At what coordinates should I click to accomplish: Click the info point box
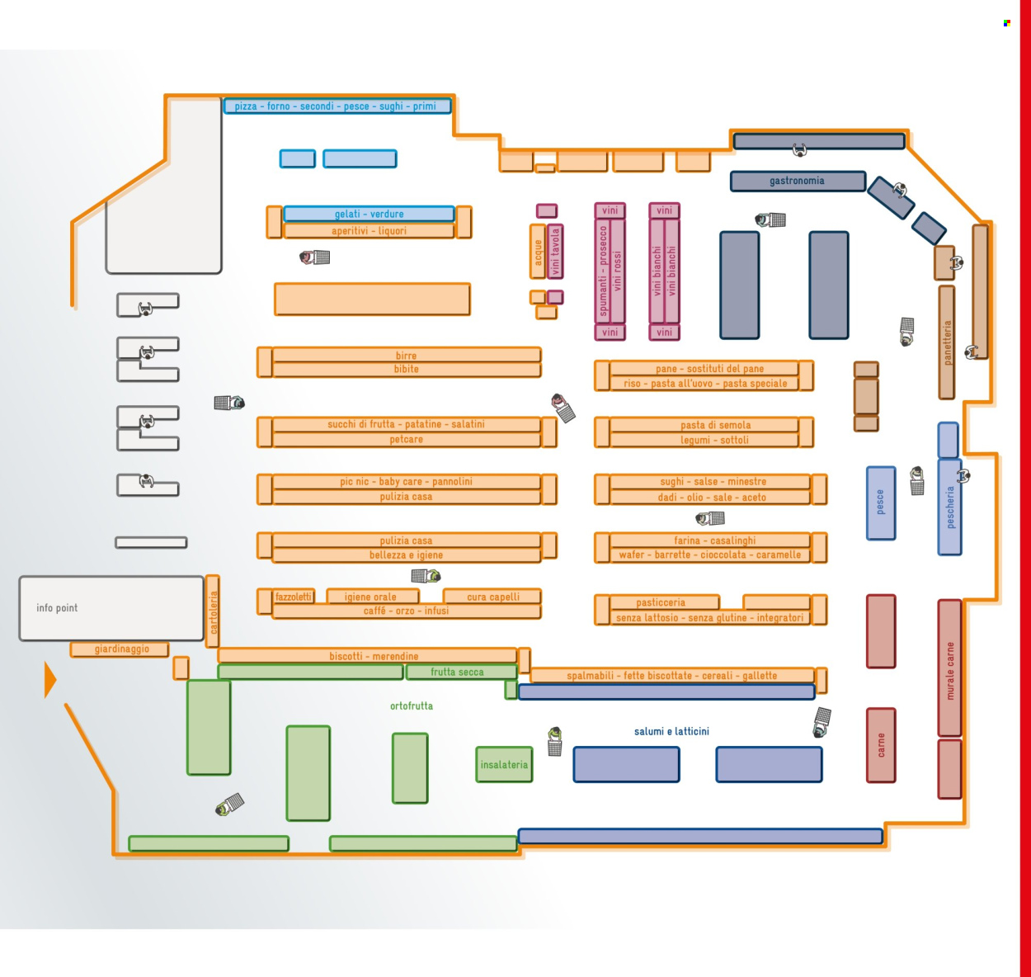click(111, 608)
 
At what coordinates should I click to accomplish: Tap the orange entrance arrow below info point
click(49, 679)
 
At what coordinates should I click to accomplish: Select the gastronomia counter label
click(797, 181)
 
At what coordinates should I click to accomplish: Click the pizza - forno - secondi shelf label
click(336, 106)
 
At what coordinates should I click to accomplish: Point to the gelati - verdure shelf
click(369, 214)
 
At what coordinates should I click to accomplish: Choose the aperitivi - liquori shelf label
click(369, 231)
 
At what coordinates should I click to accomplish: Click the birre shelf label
click(406, 356)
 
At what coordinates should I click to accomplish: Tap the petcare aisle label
click(406, 439)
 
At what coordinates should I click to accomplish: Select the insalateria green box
click(504, 765)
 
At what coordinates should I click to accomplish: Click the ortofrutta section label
click(412, 706)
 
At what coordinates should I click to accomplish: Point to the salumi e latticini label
click(671, 731)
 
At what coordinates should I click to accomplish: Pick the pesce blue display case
click(881, 503)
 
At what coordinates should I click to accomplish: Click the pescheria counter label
click(950, 507)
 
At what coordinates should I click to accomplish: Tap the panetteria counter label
click(947, 342)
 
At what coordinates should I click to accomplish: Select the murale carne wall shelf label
click(949, 670)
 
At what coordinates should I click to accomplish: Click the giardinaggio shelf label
click(121, 649)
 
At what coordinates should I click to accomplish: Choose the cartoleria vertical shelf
click(213, 611)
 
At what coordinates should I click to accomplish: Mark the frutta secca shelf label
click(457, 672)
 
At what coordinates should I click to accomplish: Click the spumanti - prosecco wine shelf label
click(603, 271)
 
